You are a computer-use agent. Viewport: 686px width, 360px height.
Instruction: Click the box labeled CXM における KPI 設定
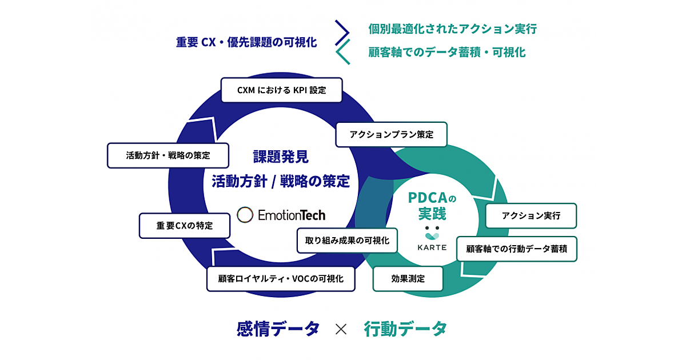click(281, 90)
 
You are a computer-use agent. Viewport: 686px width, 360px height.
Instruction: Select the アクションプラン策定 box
click(391, 135)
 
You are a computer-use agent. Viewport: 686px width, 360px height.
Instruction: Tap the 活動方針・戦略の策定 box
click(168, 155)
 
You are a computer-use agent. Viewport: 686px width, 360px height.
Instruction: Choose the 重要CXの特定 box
click(184, 226)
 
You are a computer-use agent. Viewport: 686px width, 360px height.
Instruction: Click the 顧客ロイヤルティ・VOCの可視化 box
click(281, 279)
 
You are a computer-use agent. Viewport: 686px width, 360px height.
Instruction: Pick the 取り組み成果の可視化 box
click(347, 241)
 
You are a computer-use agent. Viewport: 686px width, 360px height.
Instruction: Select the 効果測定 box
click(408, 279)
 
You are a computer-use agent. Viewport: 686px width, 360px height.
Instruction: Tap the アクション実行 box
click(531, 216)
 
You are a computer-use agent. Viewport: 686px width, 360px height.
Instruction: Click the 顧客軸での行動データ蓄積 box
click(517, 249)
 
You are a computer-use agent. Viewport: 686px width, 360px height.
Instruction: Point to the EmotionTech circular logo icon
click(245, 215)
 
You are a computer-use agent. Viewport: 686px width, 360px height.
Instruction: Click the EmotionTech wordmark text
click(292, 215)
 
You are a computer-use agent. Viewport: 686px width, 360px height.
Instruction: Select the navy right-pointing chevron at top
click(342, 32)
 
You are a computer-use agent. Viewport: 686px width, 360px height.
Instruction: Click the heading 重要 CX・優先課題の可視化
click(246, 42)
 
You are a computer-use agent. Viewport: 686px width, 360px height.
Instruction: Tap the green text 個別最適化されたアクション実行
click(452, 29)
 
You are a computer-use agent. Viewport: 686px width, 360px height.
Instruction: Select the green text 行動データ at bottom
click(405, 329)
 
